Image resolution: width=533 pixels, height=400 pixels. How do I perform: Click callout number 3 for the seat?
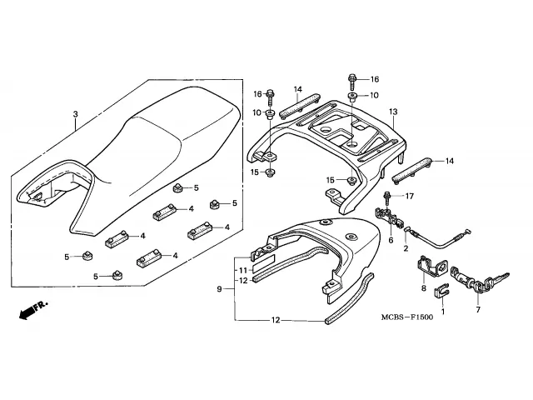(x=75, y=114)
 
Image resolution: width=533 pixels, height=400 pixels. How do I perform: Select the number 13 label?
(x=392, y=111)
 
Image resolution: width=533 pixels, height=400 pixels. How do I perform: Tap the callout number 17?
(x=408, y=197)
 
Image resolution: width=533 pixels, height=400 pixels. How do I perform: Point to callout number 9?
(x=220, y=288)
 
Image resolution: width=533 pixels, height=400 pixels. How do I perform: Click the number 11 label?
(x=242, y=271)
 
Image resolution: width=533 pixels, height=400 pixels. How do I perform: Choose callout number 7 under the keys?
(x=477, y=309)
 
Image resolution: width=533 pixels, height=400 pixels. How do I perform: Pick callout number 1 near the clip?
(x=442, y=312)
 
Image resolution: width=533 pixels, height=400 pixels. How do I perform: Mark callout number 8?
(x=423, y=288)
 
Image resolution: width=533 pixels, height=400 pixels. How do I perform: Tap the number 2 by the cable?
(x=406, y=248)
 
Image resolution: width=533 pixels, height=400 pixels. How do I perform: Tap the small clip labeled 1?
(x=442, y=292)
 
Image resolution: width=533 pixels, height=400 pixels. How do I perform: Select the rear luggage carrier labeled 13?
(x=333, y=133)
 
